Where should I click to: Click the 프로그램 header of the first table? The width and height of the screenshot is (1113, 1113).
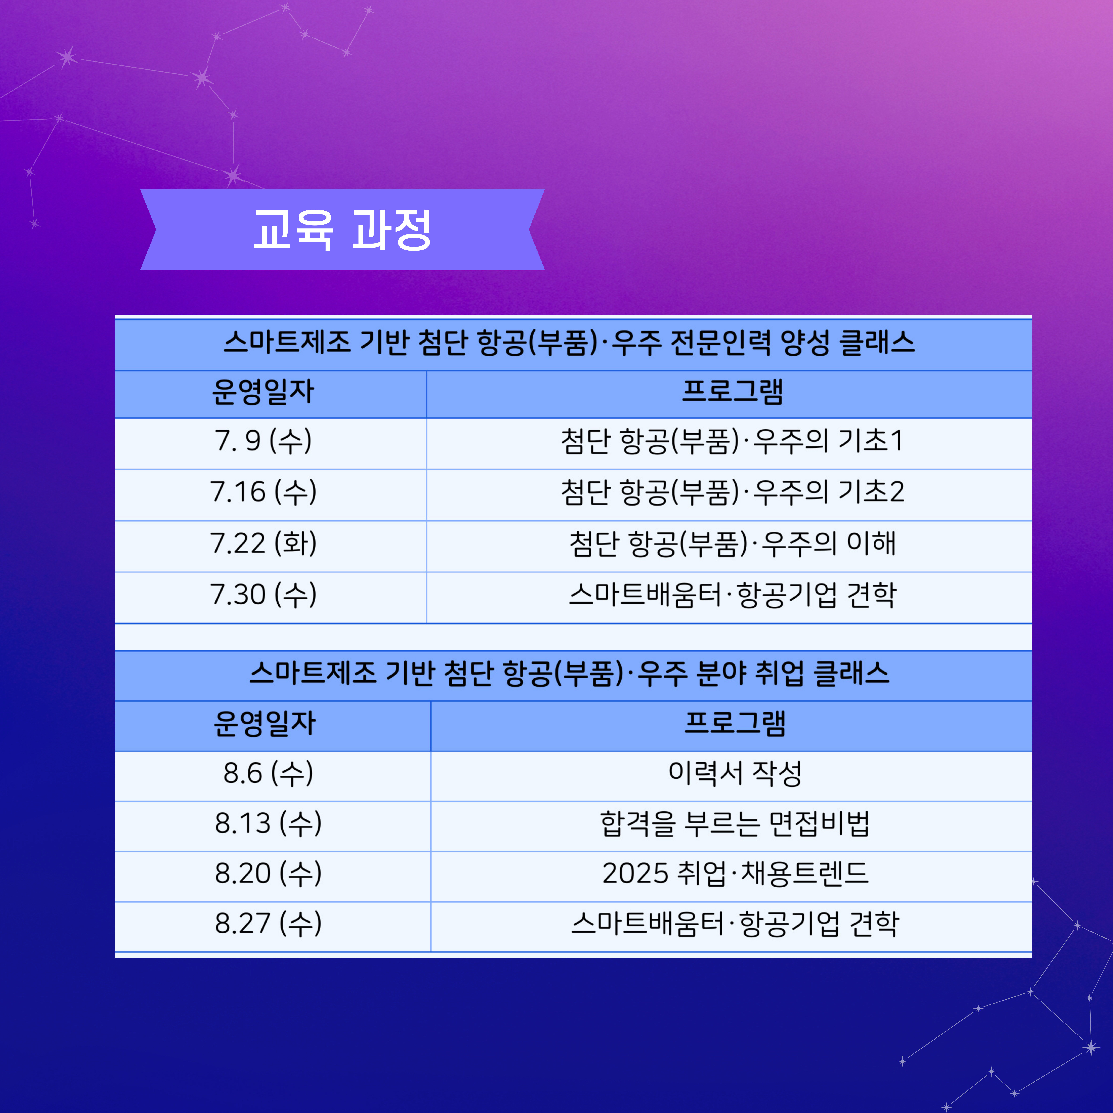[x=732, y=392]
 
